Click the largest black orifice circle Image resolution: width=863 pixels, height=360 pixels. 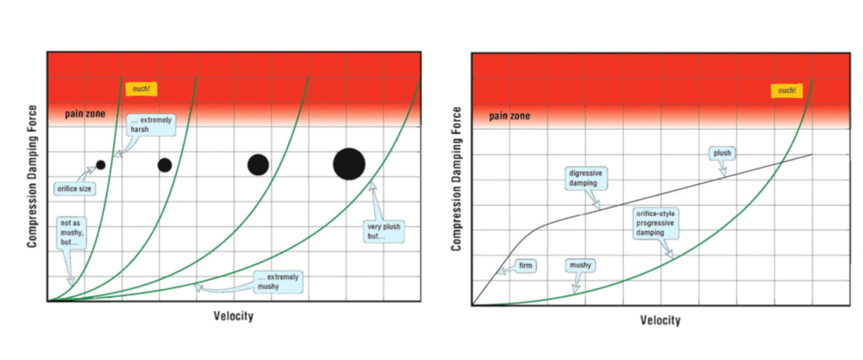tap(349, 164)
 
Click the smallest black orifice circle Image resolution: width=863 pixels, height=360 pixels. tap(100, 165)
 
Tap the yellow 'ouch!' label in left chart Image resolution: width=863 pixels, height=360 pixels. tap(141, 89)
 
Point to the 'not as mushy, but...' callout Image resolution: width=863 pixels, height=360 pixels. tap(71, 232)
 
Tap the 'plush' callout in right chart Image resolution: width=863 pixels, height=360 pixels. tap(721, 153)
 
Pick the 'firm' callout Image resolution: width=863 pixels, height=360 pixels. tap(527, 266)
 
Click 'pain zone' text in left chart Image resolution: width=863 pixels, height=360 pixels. tap(83, 113)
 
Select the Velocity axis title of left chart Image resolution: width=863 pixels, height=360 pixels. tap(233, 316)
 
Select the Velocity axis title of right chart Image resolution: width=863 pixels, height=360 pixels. tap(660, 320)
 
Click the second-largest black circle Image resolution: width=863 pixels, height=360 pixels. tap(258, 164)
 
